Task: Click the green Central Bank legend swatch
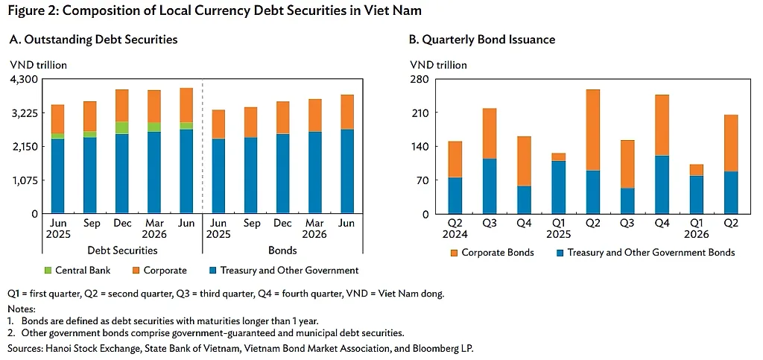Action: click(48, 271)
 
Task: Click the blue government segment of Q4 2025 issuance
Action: click(662, 184)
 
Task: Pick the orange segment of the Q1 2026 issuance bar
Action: click(697, 170)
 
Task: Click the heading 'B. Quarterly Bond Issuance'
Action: click(482, 40)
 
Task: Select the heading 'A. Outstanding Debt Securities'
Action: click(93, 40)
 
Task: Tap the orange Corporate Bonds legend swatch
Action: click(454, 253)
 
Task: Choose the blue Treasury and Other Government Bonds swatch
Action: click(560, 253)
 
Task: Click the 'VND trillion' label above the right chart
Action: click(438, 65)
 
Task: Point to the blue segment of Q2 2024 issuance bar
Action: click(455, 195)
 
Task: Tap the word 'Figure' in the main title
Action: click(24, 11)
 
